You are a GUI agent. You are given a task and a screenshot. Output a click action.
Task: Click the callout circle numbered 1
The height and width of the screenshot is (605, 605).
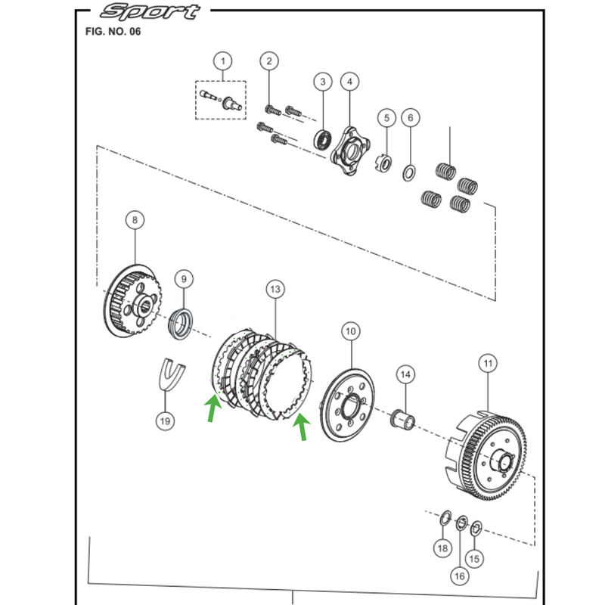[x=222, y=60]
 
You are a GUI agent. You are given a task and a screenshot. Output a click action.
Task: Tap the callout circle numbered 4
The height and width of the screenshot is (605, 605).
[x=349, y=82]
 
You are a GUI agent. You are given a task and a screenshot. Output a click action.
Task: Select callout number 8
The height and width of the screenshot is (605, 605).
[x=135, y=220]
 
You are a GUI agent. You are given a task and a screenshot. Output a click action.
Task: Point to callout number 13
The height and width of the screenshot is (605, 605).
[x=275, y=289]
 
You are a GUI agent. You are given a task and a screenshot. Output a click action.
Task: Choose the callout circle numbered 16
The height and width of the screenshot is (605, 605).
[x=460, y=576]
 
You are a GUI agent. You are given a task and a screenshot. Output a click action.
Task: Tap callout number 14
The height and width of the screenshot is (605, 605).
[x=405, y=374]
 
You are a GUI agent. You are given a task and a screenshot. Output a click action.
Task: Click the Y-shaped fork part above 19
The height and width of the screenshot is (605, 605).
[x=172, y=372]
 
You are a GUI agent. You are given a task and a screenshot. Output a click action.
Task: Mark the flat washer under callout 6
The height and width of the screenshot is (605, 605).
[x=407, y=172]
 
